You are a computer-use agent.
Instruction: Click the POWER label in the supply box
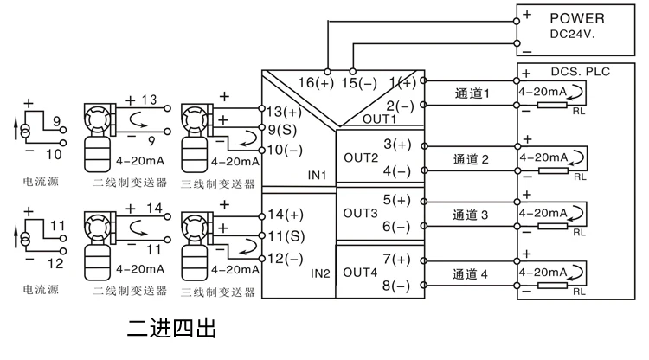pos(577,18)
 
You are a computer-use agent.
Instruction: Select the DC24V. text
pos(572,35)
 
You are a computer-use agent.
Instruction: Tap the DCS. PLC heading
pos(581,72)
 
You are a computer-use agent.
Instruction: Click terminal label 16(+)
pos(316,83)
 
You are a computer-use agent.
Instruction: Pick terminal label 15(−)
pos(359,83)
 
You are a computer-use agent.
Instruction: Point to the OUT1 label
pos(379,119)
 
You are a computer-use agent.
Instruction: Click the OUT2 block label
pos(361,158)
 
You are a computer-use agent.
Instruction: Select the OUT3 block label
pos(360,213)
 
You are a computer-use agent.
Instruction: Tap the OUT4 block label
pos(360,273)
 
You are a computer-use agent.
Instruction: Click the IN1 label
pos(317,176)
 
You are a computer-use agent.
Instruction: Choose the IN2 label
pos(320,273)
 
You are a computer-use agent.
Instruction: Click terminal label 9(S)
pos(282,130)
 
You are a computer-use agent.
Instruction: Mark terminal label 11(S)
pos(286,236)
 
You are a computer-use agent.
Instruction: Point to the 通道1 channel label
pos(472,93)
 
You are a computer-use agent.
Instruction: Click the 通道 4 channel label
pos(470,274)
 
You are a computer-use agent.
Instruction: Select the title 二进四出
pos(171,329)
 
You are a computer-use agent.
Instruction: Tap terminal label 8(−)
pos(396,286)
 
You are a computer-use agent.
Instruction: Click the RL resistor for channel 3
pos(552,227)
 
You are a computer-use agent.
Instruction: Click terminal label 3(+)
pos(397,145)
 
